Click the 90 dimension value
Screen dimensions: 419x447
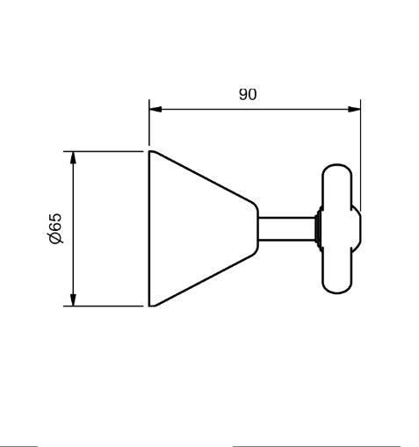(248, 94)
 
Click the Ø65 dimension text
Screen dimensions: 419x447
(55, 228)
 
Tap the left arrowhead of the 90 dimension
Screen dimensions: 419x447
(155, 109)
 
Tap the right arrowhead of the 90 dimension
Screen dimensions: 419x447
(354, 109)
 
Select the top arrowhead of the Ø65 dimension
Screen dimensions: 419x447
(73, 157)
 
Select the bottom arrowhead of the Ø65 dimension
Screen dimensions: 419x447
(73, 299)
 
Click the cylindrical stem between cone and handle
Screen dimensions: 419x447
(287, 229)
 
